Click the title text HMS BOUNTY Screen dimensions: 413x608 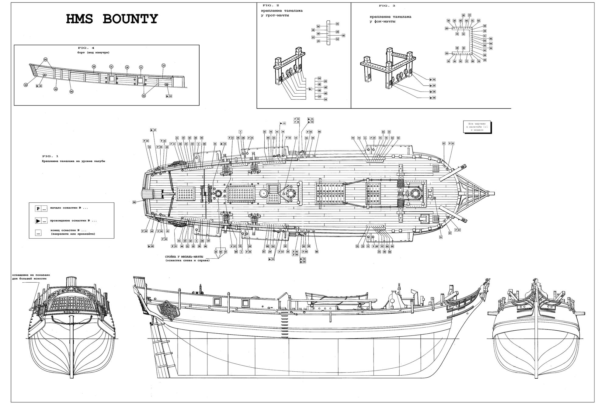112,19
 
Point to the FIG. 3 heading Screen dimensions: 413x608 387,6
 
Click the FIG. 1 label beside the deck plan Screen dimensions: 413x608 50,156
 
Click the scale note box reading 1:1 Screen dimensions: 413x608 477,127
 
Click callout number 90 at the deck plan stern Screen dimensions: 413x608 134,202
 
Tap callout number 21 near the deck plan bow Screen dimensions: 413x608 441,237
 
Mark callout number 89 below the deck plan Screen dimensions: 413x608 236,252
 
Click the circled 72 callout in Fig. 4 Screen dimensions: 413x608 163,66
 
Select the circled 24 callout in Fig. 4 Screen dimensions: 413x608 127,67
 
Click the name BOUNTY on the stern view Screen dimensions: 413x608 72,312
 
